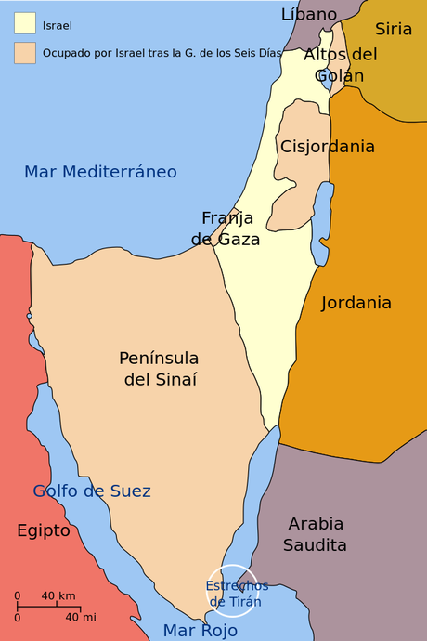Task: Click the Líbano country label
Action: (x=309, y=14)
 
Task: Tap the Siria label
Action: (x=394, y=29)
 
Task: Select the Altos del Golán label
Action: (x=341, y=64)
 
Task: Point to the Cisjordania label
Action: (x=328, y=147)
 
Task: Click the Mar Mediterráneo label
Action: (x=100, y=172)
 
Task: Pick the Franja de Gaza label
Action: (x=226, y=229)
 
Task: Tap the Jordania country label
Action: (x=356, y=303)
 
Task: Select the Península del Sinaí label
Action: (x=159, y=369)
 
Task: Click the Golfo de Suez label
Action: (x=92, y=491)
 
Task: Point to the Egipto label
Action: (x=44, y=530)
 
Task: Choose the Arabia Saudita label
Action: (x=316, y=534)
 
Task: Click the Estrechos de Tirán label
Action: (x=236, y=594)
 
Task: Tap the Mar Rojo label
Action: (x=201, y=631)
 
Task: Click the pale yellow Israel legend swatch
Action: (x=25, y=23)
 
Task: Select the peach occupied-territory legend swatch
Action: (x=25, y=52)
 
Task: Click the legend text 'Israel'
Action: (x=58, y=25)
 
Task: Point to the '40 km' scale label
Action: (x=58, y=595)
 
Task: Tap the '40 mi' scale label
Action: (x=80, y=617)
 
